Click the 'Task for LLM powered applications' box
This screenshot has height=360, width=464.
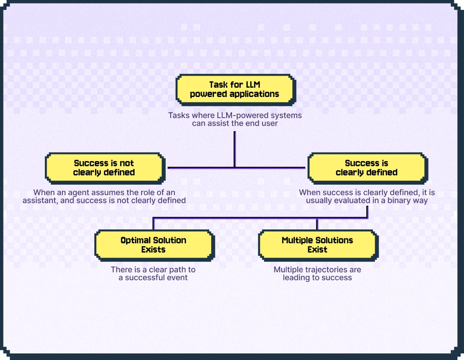click(x=235, y=90)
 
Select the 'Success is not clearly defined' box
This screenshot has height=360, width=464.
click(x=104, y=168)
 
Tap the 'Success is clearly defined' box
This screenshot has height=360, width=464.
click(x=366, y=168)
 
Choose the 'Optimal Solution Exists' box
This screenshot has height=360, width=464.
click(x=154, y=245)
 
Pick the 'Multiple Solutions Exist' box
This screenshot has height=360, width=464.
click(x=317, y=245)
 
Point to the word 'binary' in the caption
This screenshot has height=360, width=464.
click(x=388, y=200)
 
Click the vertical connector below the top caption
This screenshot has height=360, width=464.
click(x=234, y=149)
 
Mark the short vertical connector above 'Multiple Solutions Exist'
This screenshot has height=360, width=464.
click(x=317, y=224)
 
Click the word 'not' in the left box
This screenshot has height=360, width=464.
click(x=127, y=163)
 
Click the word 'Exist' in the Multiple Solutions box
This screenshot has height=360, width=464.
click(x=317, y=250)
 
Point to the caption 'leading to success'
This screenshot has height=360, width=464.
click(x=317, y=278)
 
